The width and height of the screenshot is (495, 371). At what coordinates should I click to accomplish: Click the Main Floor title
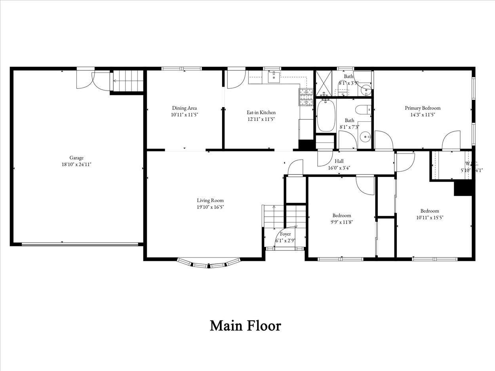(245, 326)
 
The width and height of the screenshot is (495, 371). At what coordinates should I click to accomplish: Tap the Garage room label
(76, 158)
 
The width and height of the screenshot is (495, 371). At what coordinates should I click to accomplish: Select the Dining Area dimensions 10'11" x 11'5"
(184, 115)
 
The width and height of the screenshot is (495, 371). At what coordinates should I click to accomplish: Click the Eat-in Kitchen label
(261, 112)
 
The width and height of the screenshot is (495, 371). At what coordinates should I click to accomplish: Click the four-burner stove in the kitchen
(306, 97)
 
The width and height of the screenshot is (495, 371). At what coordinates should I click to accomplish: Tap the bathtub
(326, 115)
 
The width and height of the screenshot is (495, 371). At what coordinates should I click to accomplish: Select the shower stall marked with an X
(324, 83)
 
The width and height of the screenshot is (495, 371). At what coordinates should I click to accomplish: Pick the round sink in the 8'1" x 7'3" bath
(365, 137)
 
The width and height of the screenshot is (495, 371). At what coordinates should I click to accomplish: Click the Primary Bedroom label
(423, 108)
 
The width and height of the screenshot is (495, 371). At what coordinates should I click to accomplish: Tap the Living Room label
(210, 201)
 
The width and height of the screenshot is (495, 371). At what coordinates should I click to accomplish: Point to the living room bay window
(209, 263)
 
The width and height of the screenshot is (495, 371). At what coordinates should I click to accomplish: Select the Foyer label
(285, 234)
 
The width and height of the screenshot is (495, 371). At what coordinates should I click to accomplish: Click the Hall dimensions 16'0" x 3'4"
(339, 168)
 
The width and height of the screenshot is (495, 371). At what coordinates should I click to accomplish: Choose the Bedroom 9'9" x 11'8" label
(341, 216)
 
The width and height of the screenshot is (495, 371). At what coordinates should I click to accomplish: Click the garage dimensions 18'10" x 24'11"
(76, 165)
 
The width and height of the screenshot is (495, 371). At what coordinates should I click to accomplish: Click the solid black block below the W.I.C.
(463, 188)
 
